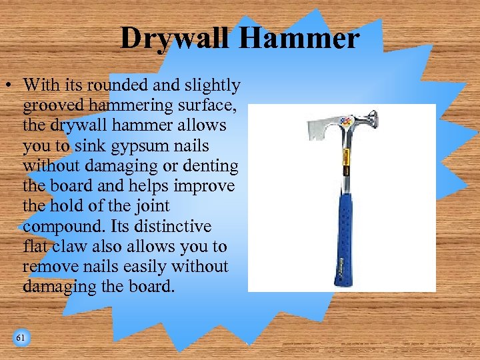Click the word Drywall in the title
coord(175,39)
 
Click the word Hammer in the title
coord(298,39)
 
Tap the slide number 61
coord(21,338)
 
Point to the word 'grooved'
coord(49,105)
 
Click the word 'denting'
coord(213,165)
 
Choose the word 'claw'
coord(67,246)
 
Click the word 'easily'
coord(143,266)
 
